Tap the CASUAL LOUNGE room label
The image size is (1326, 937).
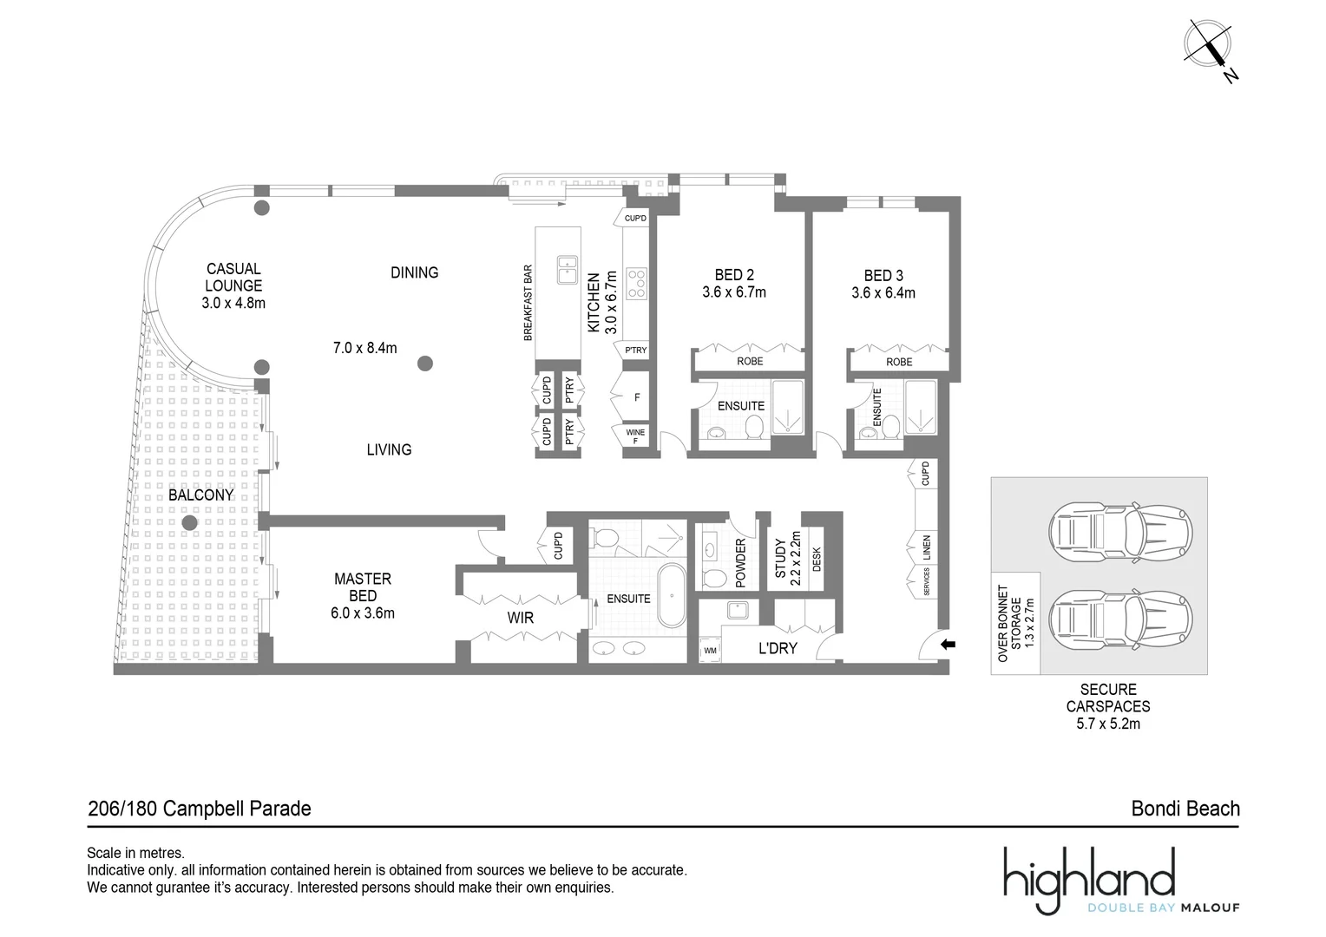point(233,278)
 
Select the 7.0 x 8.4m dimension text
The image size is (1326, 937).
point(364,348)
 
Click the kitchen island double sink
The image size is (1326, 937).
point(568,269)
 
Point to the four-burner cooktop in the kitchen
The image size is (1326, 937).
point(636,284)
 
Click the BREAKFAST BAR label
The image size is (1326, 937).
point(528,303)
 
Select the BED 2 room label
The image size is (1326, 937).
point(733,275)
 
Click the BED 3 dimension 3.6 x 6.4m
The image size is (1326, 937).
point(883,293)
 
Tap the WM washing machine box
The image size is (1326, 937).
point(710,650)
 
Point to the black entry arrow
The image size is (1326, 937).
point(948,645)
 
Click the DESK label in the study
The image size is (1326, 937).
point(817,560)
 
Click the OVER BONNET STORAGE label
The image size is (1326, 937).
point(1015,623)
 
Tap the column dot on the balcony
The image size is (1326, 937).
point(188,523)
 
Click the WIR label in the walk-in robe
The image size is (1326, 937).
point(521,619)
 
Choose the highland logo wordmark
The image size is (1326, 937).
point(1089,875)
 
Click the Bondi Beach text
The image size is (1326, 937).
point(1185,809)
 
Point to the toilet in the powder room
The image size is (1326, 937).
point(716,578)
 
